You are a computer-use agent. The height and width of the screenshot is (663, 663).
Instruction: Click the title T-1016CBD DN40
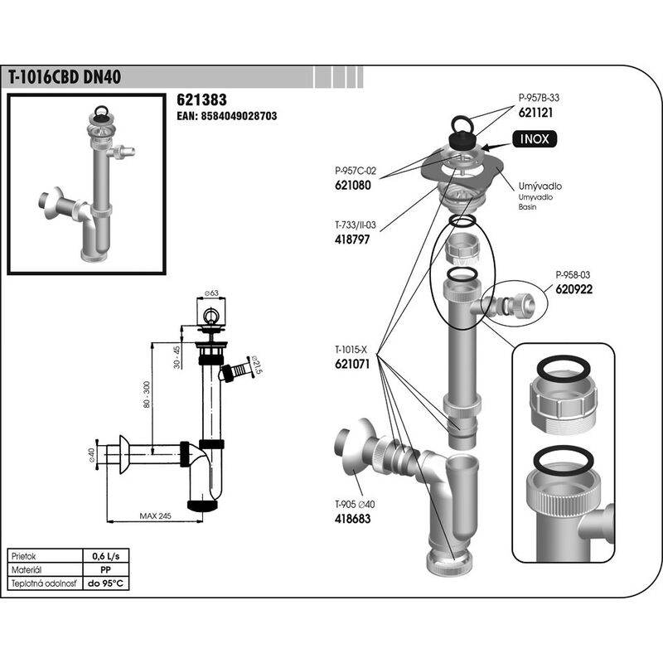click(x=65, y=77)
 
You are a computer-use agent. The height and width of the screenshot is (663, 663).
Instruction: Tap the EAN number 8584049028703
click(x=239, y=116)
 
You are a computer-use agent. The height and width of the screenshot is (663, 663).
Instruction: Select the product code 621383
click(x=201, y=99)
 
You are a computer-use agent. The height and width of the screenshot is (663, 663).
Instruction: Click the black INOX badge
click(x=535, y=139)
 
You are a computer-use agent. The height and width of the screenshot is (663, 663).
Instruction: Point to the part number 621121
click(x=535, y=113)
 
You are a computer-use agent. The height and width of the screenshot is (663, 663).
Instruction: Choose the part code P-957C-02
click(x=356, y=171)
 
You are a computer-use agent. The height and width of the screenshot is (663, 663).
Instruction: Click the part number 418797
click(x=352, y=240)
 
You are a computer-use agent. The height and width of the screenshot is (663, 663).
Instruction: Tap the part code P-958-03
click(x=573, y=275)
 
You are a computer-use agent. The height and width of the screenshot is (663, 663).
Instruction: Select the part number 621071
click(x=352, y=364)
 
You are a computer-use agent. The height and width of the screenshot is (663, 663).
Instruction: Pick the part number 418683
click(x=353, y=519)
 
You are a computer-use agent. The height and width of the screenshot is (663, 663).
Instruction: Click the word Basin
click(x=527, y=207)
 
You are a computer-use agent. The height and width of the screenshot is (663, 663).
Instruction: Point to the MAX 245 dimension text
click(x=155, y=515)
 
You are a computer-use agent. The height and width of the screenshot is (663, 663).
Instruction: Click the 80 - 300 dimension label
click(x=147, y=394)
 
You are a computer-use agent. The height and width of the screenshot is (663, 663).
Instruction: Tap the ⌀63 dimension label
click(x=211, y=293)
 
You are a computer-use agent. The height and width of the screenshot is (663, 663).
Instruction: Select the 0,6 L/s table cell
click(x=106, y=556)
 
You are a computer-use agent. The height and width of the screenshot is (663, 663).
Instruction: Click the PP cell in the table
click(x=106, y=570)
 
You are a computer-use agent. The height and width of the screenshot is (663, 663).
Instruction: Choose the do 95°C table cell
click(x=106, y=583)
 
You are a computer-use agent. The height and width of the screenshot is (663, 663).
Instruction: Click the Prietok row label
click(x=24, y=556)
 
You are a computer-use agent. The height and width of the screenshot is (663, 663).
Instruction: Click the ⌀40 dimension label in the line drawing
click(x=91, y=455)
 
